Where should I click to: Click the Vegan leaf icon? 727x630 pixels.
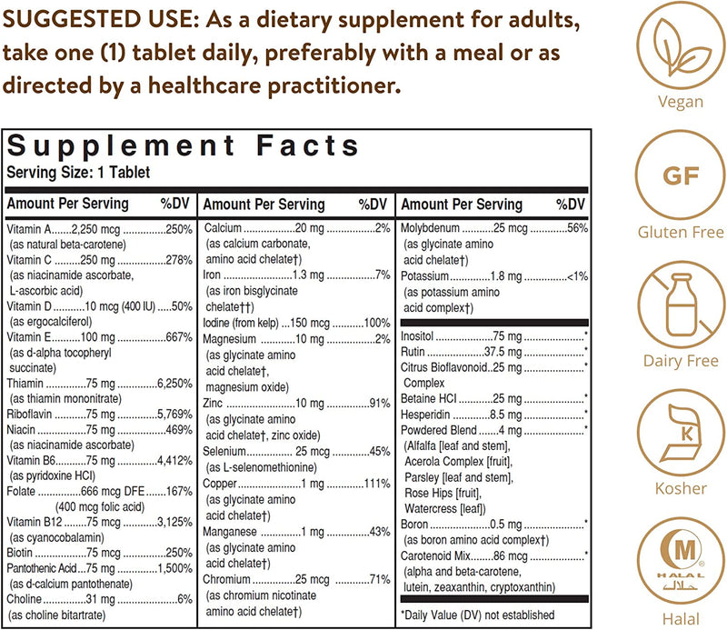tap(681, 46)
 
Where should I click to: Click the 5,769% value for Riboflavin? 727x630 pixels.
tap(173, 414)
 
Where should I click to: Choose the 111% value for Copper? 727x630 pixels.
tap(377, 484)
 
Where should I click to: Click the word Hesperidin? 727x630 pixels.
tap(426, 414)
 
